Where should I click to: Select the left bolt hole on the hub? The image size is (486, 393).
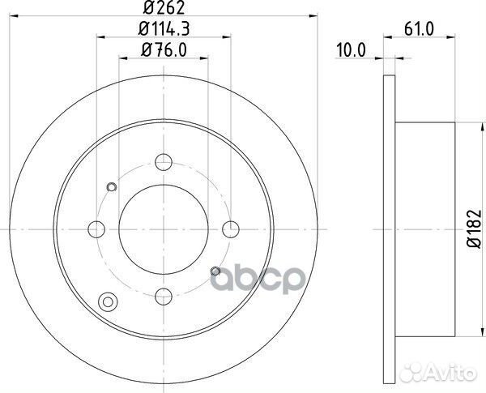[x=96, y=228]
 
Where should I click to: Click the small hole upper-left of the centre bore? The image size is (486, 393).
[x=112, y=188]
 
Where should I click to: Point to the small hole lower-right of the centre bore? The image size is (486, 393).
[x=215, y=270]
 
